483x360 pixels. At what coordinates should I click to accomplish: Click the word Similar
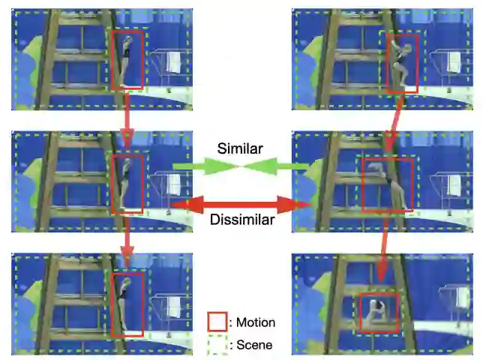coord(240,148)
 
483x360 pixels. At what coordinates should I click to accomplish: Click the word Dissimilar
coord(241,220)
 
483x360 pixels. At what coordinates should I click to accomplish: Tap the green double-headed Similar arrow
coord(240,166)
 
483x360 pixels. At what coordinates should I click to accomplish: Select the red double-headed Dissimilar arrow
coord(241,203)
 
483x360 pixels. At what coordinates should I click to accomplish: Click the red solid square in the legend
coord(217,322)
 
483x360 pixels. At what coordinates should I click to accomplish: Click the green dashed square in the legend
coord(217,345)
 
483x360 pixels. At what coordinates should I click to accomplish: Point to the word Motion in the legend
coord(256,322)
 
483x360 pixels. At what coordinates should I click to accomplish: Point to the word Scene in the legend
coord(254,346)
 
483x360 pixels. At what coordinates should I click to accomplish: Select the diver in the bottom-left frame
coord(127,304)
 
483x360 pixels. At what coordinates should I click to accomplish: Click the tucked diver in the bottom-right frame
coord(376,310)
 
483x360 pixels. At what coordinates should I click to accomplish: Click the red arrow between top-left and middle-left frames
coord(127,121)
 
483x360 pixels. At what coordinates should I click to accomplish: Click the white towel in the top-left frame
coord(173,61)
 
